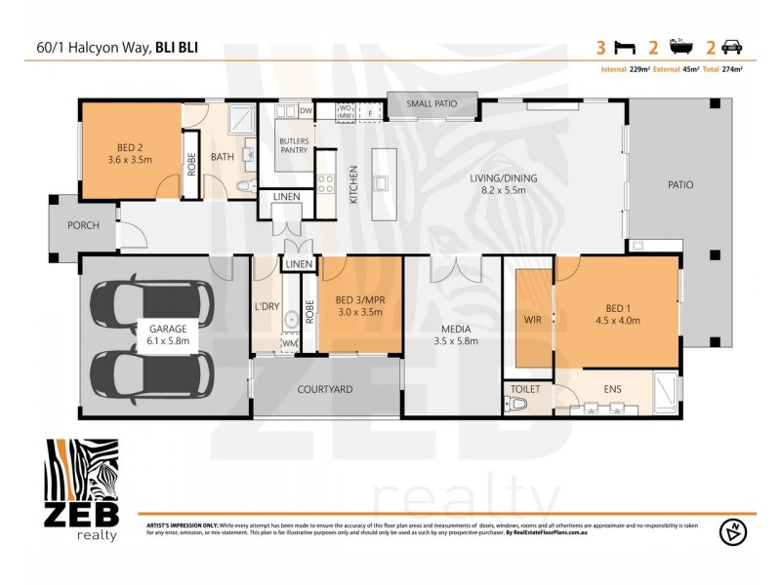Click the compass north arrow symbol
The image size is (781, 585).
(x=730, y=532)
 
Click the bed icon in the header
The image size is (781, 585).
(x=622, y=47)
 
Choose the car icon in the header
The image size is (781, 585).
(x=730, y=47)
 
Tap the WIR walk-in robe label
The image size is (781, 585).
(x=532, y=317)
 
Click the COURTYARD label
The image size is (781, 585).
(x=325, y=389)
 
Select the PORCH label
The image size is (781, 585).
(x=83, y=225)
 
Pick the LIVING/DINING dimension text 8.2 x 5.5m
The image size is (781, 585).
(x=498, y=191)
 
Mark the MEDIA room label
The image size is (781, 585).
(x=452, y=329)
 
